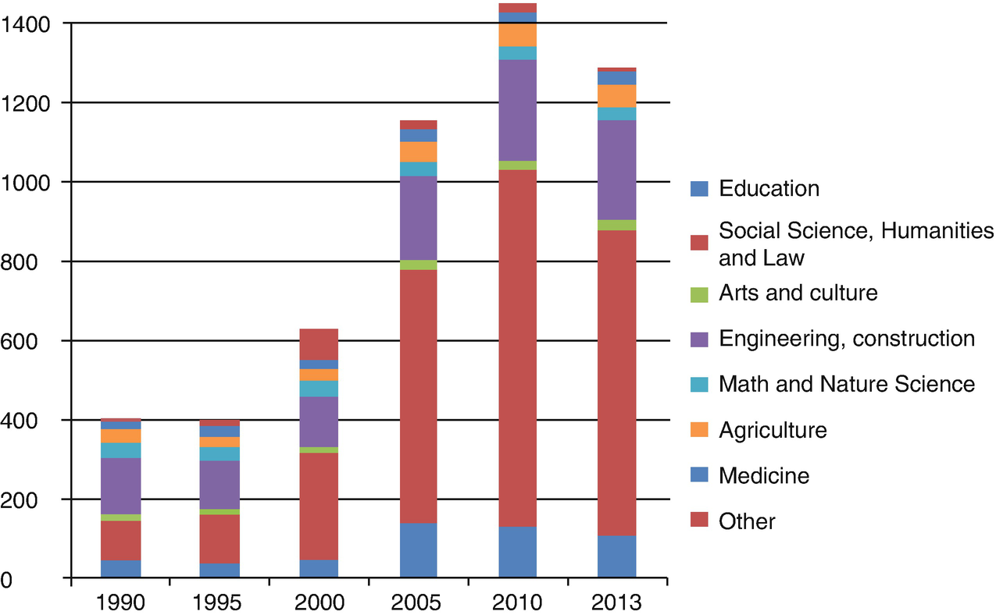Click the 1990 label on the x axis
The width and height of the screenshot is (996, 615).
pyautogui.click(x=120, y=603)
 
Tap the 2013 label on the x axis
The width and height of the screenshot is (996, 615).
pyautogui.click(x=617, y=603)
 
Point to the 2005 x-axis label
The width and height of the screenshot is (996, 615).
pyautogui.click(x=418, y=603)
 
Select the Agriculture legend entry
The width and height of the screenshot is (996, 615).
pyautogui.click(x=772, y=429)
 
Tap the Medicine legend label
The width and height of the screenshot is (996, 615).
pyautogui.click(x=763, y=475)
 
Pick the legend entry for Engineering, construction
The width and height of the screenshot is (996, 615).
pyautogui.click(x=846, y=339)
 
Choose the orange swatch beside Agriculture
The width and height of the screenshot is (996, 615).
pyautogui.click(x=699, y=429)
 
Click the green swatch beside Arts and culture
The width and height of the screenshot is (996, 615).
pyautogui.click(x=699, y=294)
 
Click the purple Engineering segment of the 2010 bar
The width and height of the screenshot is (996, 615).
pyautogui.click(x=517, y=110)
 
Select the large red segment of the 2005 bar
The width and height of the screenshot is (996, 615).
pyautogui.click(x=418, y=396)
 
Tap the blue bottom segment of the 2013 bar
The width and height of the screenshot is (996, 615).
pyautogui.click(x=617, y=556)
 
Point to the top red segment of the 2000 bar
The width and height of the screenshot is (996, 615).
pyautogui.click(x=319, y=344)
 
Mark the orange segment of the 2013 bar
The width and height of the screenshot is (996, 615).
pyautogui.click(x=617, y=96)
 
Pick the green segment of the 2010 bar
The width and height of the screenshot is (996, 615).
pyautogui.click(x=517, y=165)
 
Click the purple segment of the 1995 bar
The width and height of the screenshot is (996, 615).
pyautogui.click(x=220, y=485)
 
